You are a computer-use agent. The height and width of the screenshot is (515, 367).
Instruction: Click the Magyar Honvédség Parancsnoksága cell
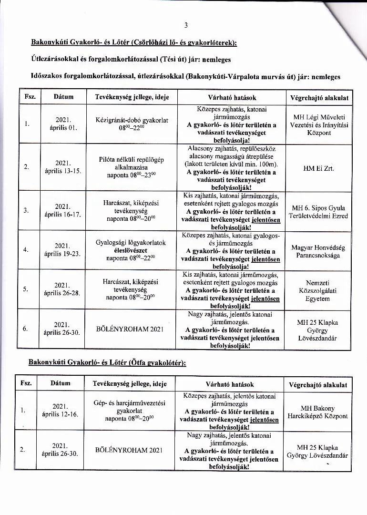pyautogui.click(x=318, y=251)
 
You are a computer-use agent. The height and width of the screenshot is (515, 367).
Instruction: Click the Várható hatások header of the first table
pyautogui.click(x=232, y=97)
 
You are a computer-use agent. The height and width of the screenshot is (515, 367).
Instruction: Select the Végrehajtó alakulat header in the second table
pyautogui.click(x=318, y=385)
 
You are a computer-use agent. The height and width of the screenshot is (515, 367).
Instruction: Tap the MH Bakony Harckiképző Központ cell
pyautogui.click(x=317, y=412)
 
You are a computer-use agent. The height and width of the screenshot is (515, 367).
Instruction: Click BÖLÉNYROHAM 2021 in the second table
pyautogui.click(x=129, y=450)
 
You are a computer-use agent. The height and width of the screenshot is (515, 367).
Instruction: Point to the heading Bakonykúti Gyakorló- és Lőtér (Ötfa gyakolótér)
pyautogui.click(x=107, y=363)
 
